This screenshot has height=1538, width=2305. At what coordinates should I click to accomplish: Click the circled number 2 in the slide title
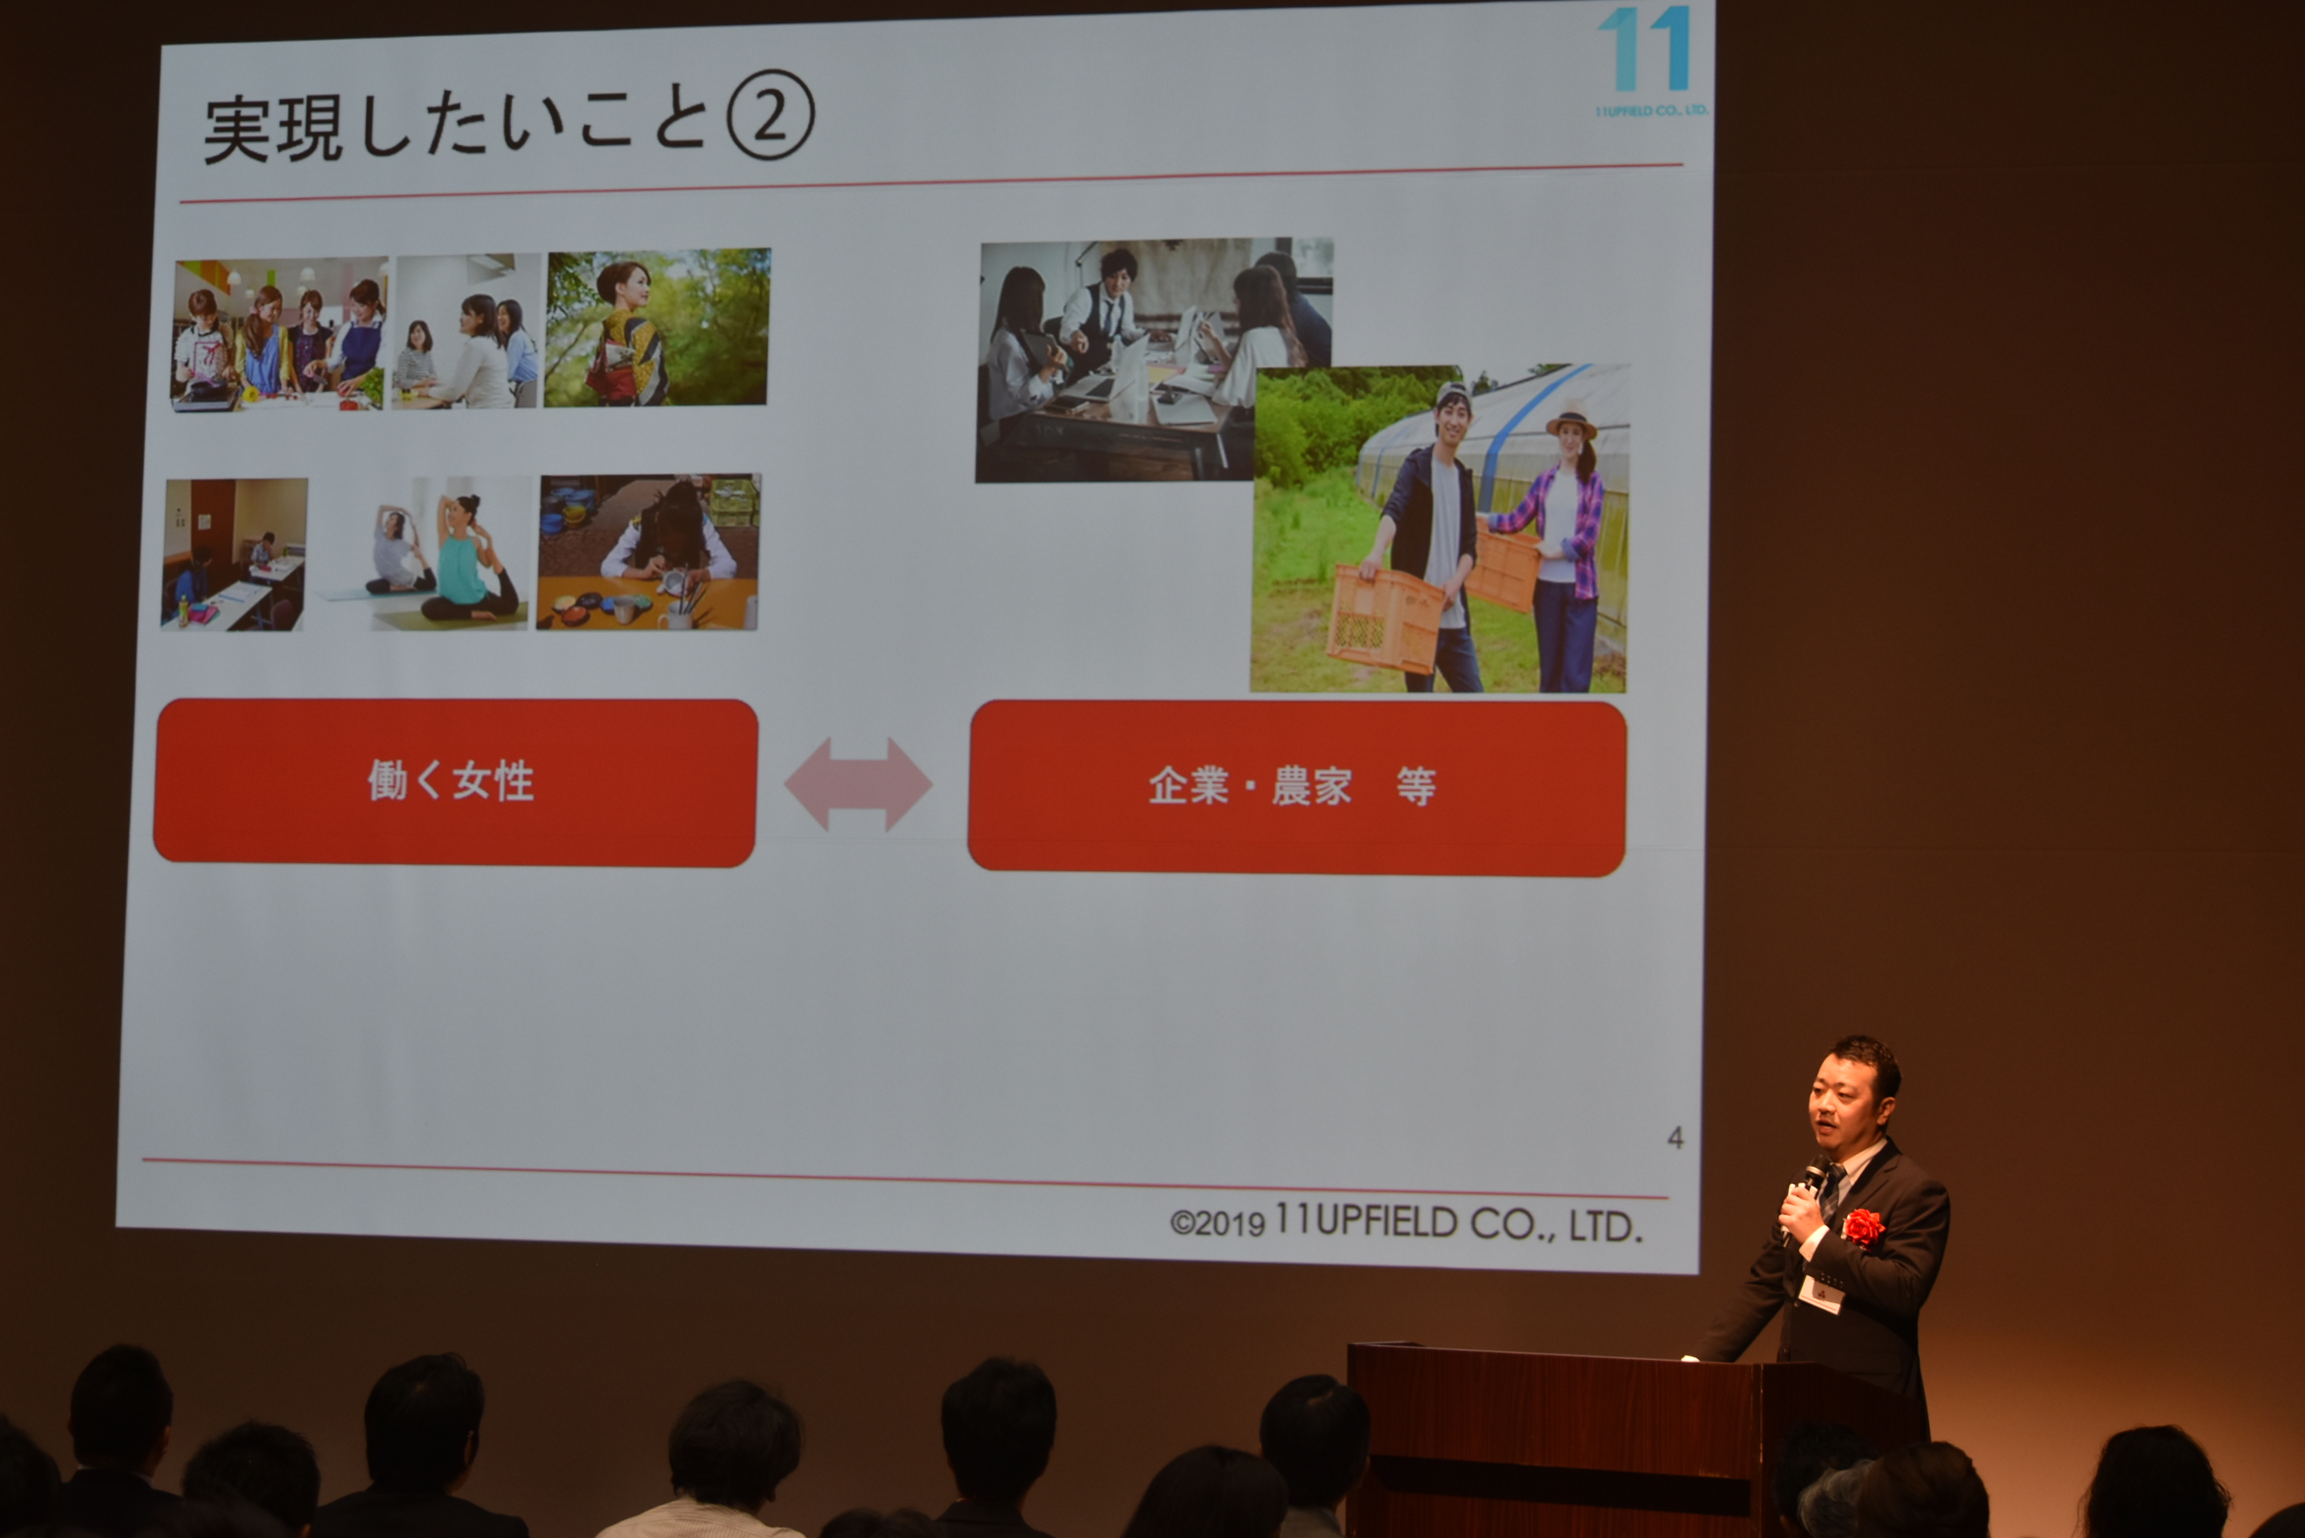click(770, 115)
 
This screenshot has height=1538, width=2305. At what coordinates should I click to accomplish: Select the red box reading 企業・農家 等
click(1297, 786)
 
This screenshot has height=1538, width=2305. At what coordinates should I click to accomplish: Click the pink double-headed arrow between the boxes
click(858, 784)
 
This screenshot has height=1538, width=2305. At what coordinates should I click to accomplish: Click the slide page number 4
click(1675, 1138)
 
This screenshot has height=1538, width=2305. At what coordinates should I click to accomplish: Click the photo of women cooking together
click(279, 334)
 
